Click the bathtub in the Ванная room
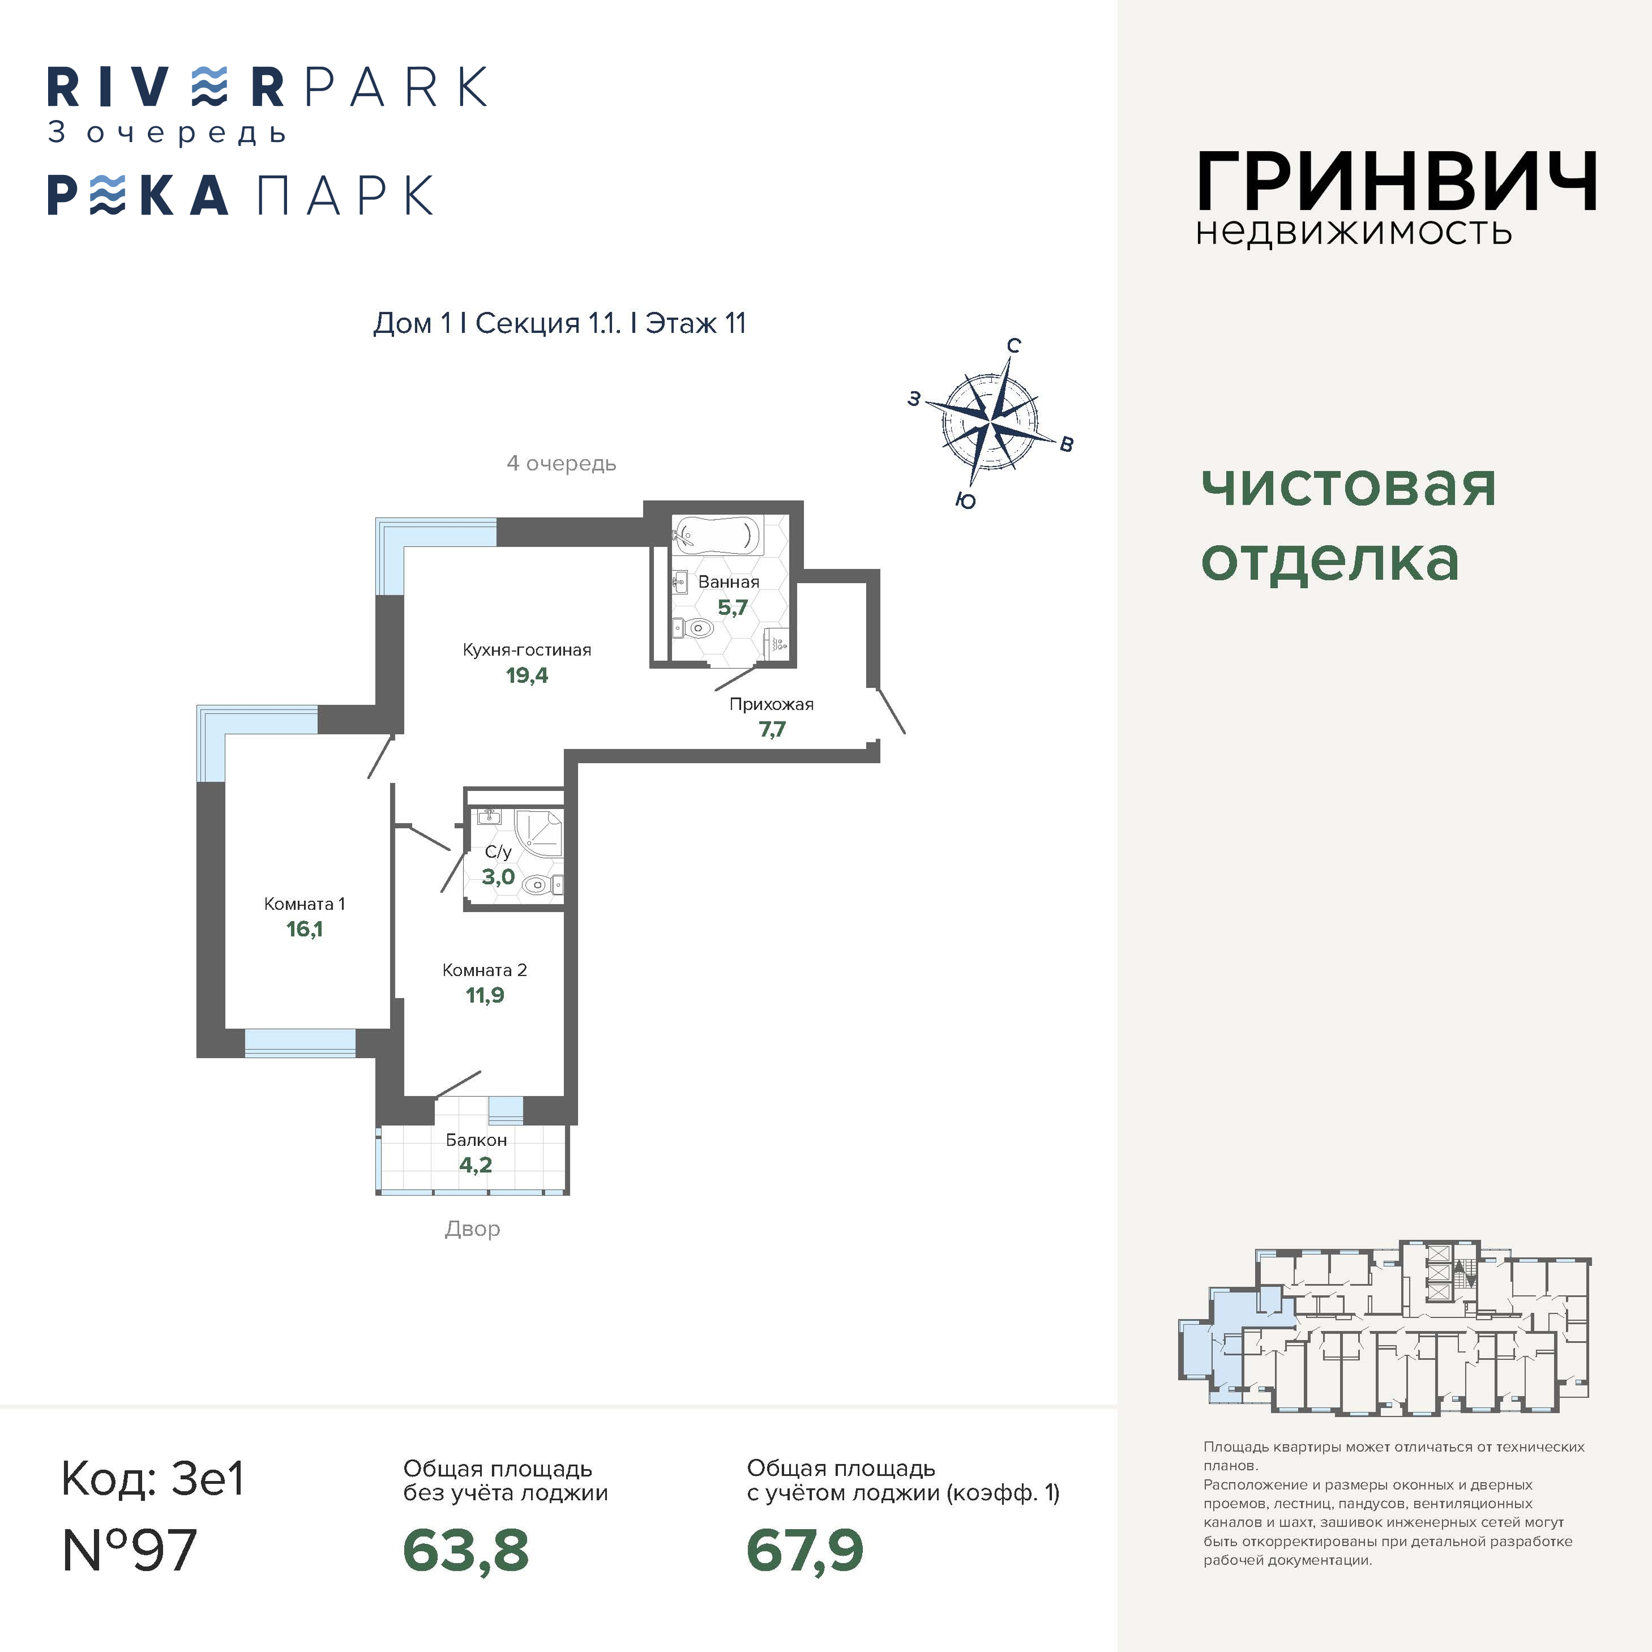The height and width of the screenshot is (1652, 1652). click(x=716, y=536)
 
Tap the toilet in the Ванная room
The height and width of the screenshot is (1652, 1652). click(x=694, y=628)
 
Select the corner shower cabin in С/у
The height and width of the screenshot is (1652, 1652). click(x=539, y=831)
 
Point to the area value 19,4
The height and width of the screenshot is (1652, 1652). click(x=527, y=675)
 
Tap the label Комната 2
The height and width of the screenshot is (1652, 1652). click(x=484, y=970)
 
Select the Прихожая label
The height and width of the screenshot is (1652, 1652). click(x=771, y=705)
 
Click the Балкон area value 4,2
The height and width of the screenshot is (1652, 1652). click(x=476, y=1165)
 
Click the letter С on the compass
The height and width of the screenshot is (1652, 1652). click(x=1013, y=345)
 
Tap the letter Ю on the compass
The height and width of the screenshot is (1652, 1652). click(x=965, y=500)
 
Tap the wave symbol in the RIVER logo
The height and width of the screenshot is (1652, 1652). click(x=209, y=87)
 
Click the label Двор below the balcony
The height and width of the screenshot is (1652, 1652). click(x=472, y=1229)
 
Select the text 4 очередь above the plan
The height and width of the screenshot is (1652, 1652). click(x=561, y=464)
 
